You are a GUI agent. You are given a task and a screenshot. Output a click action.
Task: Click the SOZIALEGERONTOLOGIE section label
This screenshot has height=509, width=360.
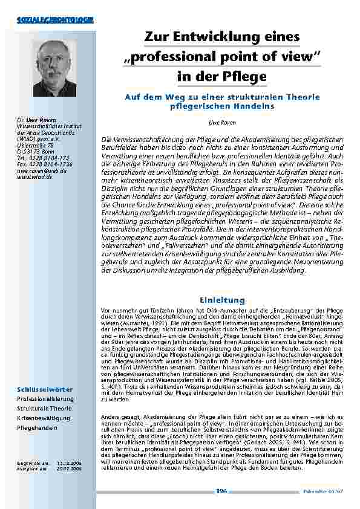coord(55,21)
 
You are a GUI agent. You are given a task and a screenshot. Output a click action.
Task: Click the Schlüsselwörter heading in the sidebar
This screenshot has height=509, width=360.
coord(46,388)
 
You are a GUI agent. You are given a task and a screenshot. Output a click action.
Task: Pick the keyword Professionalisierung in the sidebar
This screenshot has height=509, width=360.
coord(45,399)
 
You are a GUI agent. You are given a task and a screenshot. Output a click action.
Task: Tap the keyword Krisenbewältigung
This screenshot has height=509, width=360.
coord(44,418)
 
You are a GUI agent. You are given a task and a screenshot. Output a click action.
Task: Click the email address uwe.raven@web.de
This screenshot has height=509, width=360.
coord(42,170)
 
